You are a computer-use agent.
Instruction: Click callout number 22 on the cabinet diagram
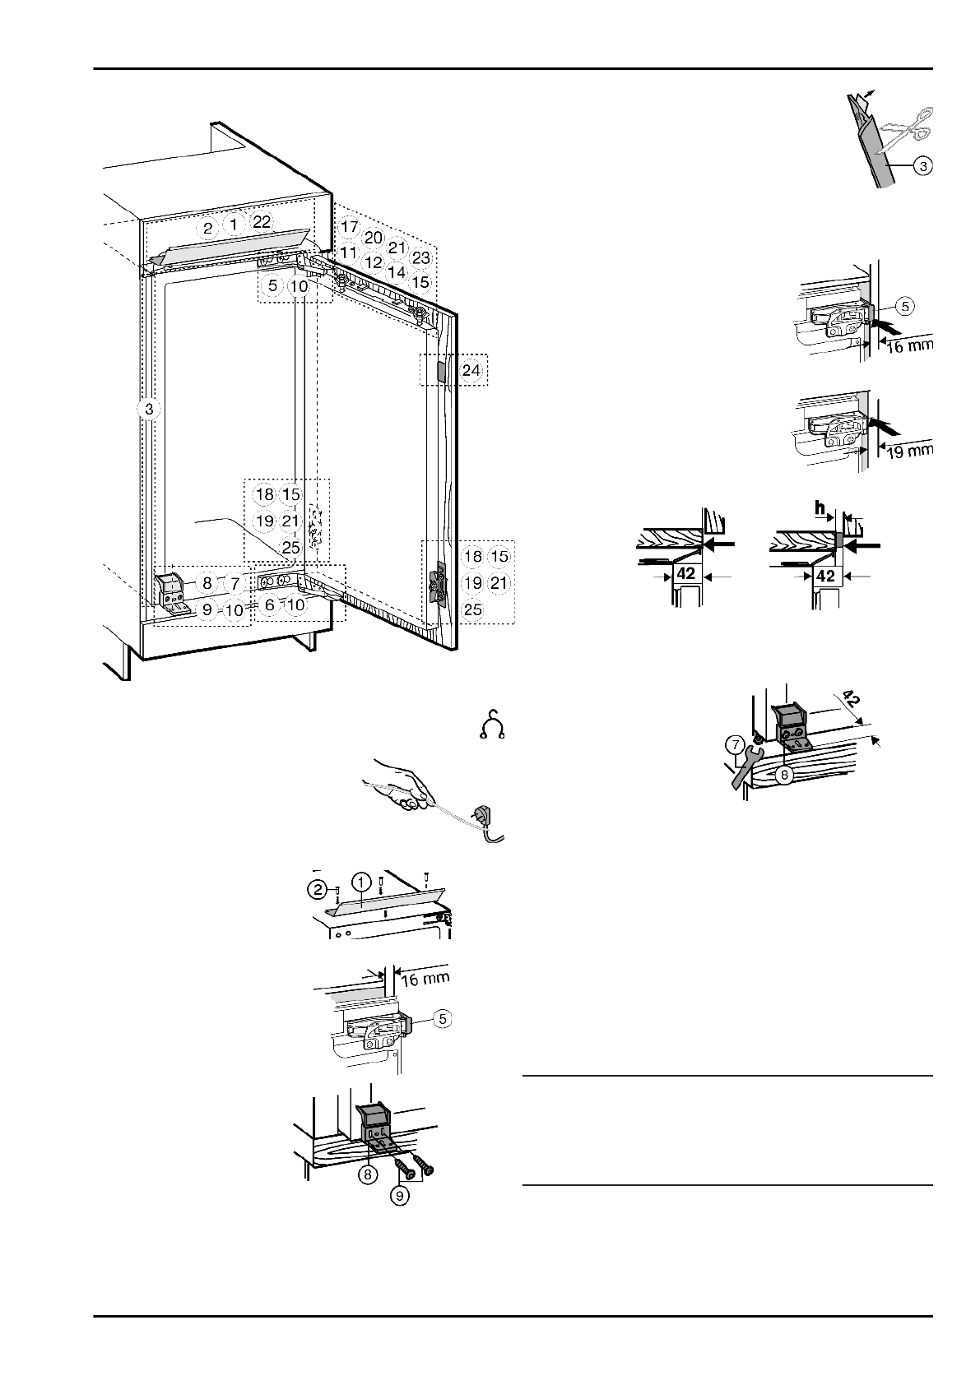coord(262,222)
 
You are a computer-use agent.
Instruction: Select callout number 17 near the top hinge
coord(349,226)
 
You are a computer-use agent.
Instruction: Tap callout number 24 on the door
coord(471,370)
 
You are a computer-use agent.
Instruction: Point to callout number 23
coord(421,257)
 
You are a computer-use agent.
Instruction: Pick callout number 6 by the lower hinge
coord(269,604)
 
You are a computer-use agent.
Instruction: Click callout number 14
coord(397,271)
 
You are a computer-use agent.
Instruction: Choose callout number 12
coord(374,262)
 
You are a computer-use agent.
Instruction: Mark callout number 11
coord(348,252)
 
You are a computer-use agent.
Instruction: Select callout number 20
coord(374,237)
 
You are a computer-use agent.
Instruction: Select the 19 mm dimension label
coord(908,450)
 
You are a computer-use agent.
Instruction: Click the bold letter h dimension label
coord(820,510)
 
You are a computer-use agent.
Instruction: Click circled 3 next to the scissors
coord(923,166)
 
